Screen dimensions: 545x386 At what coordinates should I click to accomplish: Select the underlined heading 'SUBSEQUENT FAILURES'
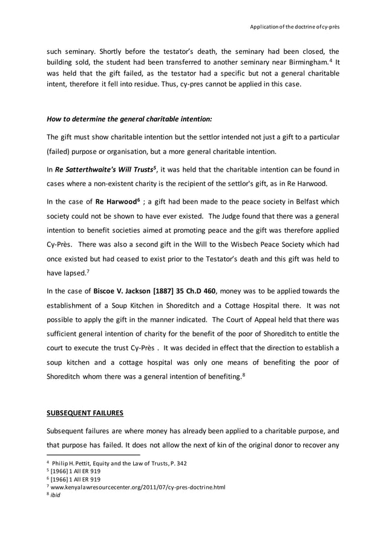pos(85,413)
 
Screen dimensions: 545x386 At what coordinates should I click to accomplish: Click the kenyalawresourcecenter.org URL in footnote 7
pos(139,486)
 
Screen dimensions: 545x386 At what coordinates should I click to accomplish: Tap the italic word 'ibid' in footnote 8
pos(56,494)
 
